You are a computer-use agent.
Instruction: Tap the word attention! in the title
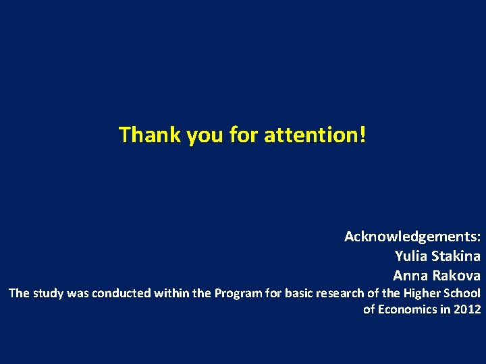(315, 135)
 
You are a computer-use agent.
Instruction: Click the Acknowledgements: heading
(412, 237)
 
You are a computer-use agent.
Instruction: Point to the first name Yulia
(411, 256)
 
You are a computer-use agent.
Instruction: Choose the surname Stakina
(456, 256)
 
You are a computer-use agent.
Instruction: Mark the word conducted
(122, 293)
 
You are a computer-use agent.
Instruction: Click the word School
(462, 293)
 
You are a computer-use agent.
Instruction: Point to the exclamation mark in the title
(363, 135)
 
